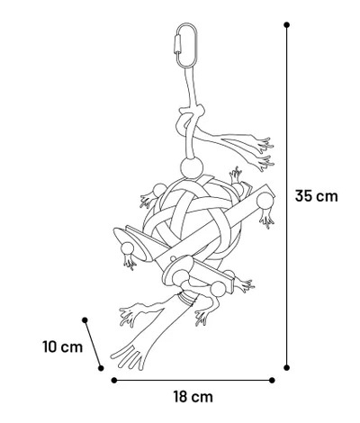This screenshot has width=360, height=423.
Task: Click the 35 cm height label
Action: [316, 196]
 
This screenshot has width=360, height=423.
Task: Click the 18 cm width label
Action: [193, 397]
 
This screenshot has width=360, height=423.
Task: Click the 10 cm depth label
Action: [62, 346]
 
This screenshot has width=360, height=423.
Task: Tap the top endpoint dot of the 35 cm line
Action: [287, 25]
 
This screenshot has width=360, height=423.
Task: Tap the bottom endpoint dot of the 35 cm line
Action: [287, 367]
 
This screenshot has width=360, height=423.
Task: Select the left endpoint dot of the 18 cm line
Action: [114, 381]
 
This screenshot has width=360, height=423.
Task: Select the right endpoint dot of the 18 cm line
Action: [272, 381]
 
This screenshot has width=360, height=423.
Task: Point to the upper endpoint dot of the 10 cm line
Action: [85, 320]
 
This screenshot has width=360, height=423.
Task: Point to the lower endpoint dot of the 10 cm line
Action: [101, 368]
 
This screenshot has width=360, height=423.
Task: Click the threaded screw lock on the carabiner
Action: [176, 44]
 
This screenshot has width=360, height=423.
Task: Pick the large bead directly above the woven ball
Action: [192, 167]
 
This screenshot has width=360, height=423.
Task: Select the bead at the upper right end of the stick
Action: [265, 202]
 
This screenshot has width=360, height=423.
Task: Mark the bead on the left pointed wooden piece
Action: [127, 248]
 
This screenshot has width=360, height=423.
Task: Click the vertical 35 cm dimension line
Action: [287, 196]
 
